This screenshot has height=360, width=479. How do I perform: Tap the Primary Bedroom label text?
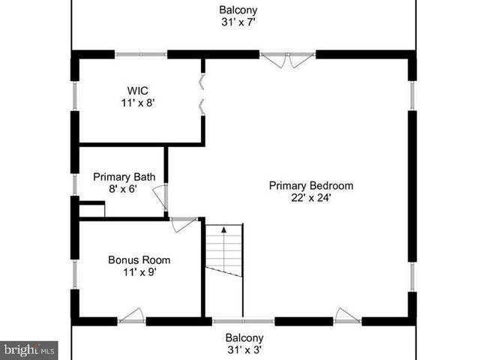click(x=311, y=186)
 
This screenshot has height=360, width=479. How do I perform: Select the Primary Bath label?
click(x=124, y=177)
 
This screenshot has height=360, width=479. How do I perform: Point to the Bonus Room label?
click(x=139, y=260)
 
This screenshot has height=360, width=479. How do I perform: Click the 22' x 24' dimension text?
click(x=311, y=198)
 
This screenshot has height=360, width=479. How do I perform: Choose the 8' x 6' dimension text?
click(x=124, y=189)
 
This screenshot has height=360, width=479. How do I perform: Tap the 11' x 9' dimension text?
click(x=139, y=272)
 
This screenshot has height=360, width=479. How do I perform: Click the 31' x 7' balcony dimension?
click(x=238, y=22)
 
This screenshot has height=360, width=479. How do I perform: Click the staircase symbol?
click(x=225, y=251)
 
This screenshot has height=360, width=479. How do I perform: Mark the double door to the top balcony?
click(x=288, y=58)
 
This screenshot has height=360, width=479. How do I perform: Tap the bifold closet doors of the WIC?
click(x=201, y=93)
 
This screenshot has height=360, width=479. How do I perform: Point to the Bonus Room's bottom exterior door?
click(x=131, y=316)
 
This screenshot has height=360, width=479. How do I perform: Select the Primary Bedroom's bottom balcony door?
click(x=346, y=316)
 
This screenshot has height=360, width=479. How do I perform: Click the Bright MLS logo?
click(x=29, y=349)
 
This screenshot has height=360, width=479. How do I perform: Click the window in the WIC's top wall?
click(x=141, y=54)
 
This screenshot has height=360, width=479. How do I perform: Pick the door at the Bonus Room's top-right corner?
click(x=184, y=223)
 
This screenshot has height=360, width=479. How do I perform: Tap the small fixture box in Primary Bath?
click(x=91, y=209)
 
